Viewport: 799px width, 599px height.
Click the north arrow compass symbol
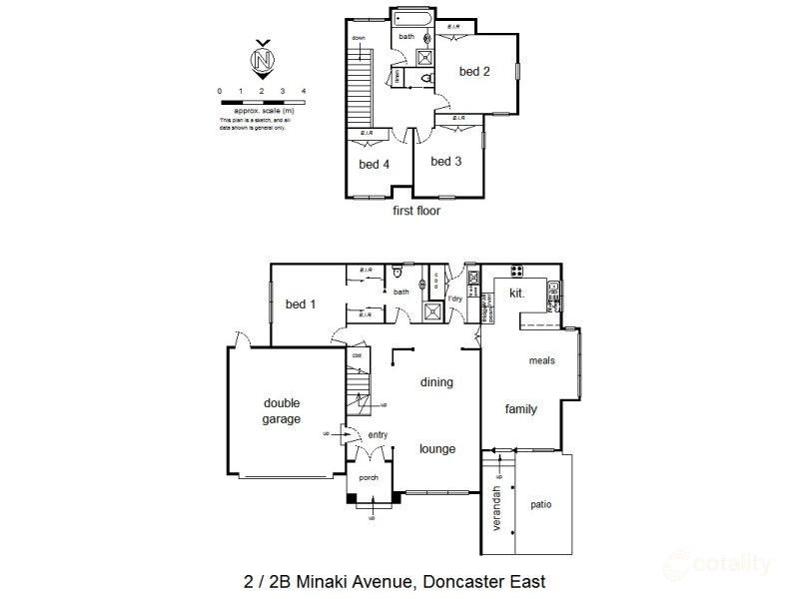pos(263,59)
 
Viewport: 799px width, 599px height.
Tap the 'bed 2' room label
pos(472,71)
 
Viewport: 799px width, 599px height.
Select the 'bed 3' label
pos(444,161)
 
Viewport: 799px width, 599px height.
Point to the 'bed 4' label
pos(374,165)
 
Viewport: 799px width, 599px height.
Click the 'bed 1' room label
pos(300,304)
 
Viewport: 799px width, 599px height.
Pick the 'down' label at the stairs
pos(358,38)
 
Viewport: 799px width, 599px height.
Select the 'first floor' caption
pos(417,211)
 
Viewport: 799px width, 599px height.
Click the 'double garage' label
pos(282,411)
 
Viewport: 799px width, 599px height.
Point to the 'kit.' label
pos(517,295)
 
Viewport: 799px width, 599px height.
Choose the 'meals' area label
pos(541,361)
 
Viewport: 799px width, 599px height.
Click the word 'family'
pos(520,409)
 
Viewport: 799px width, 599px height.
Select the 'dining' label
pos(436,381)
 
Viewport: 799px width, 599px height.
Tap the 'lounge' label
pos(436,449)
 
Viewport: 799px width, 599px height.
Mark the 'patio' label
pos(542,504)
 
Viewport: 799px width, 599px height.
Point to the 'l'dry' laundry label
pos(455,299)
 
